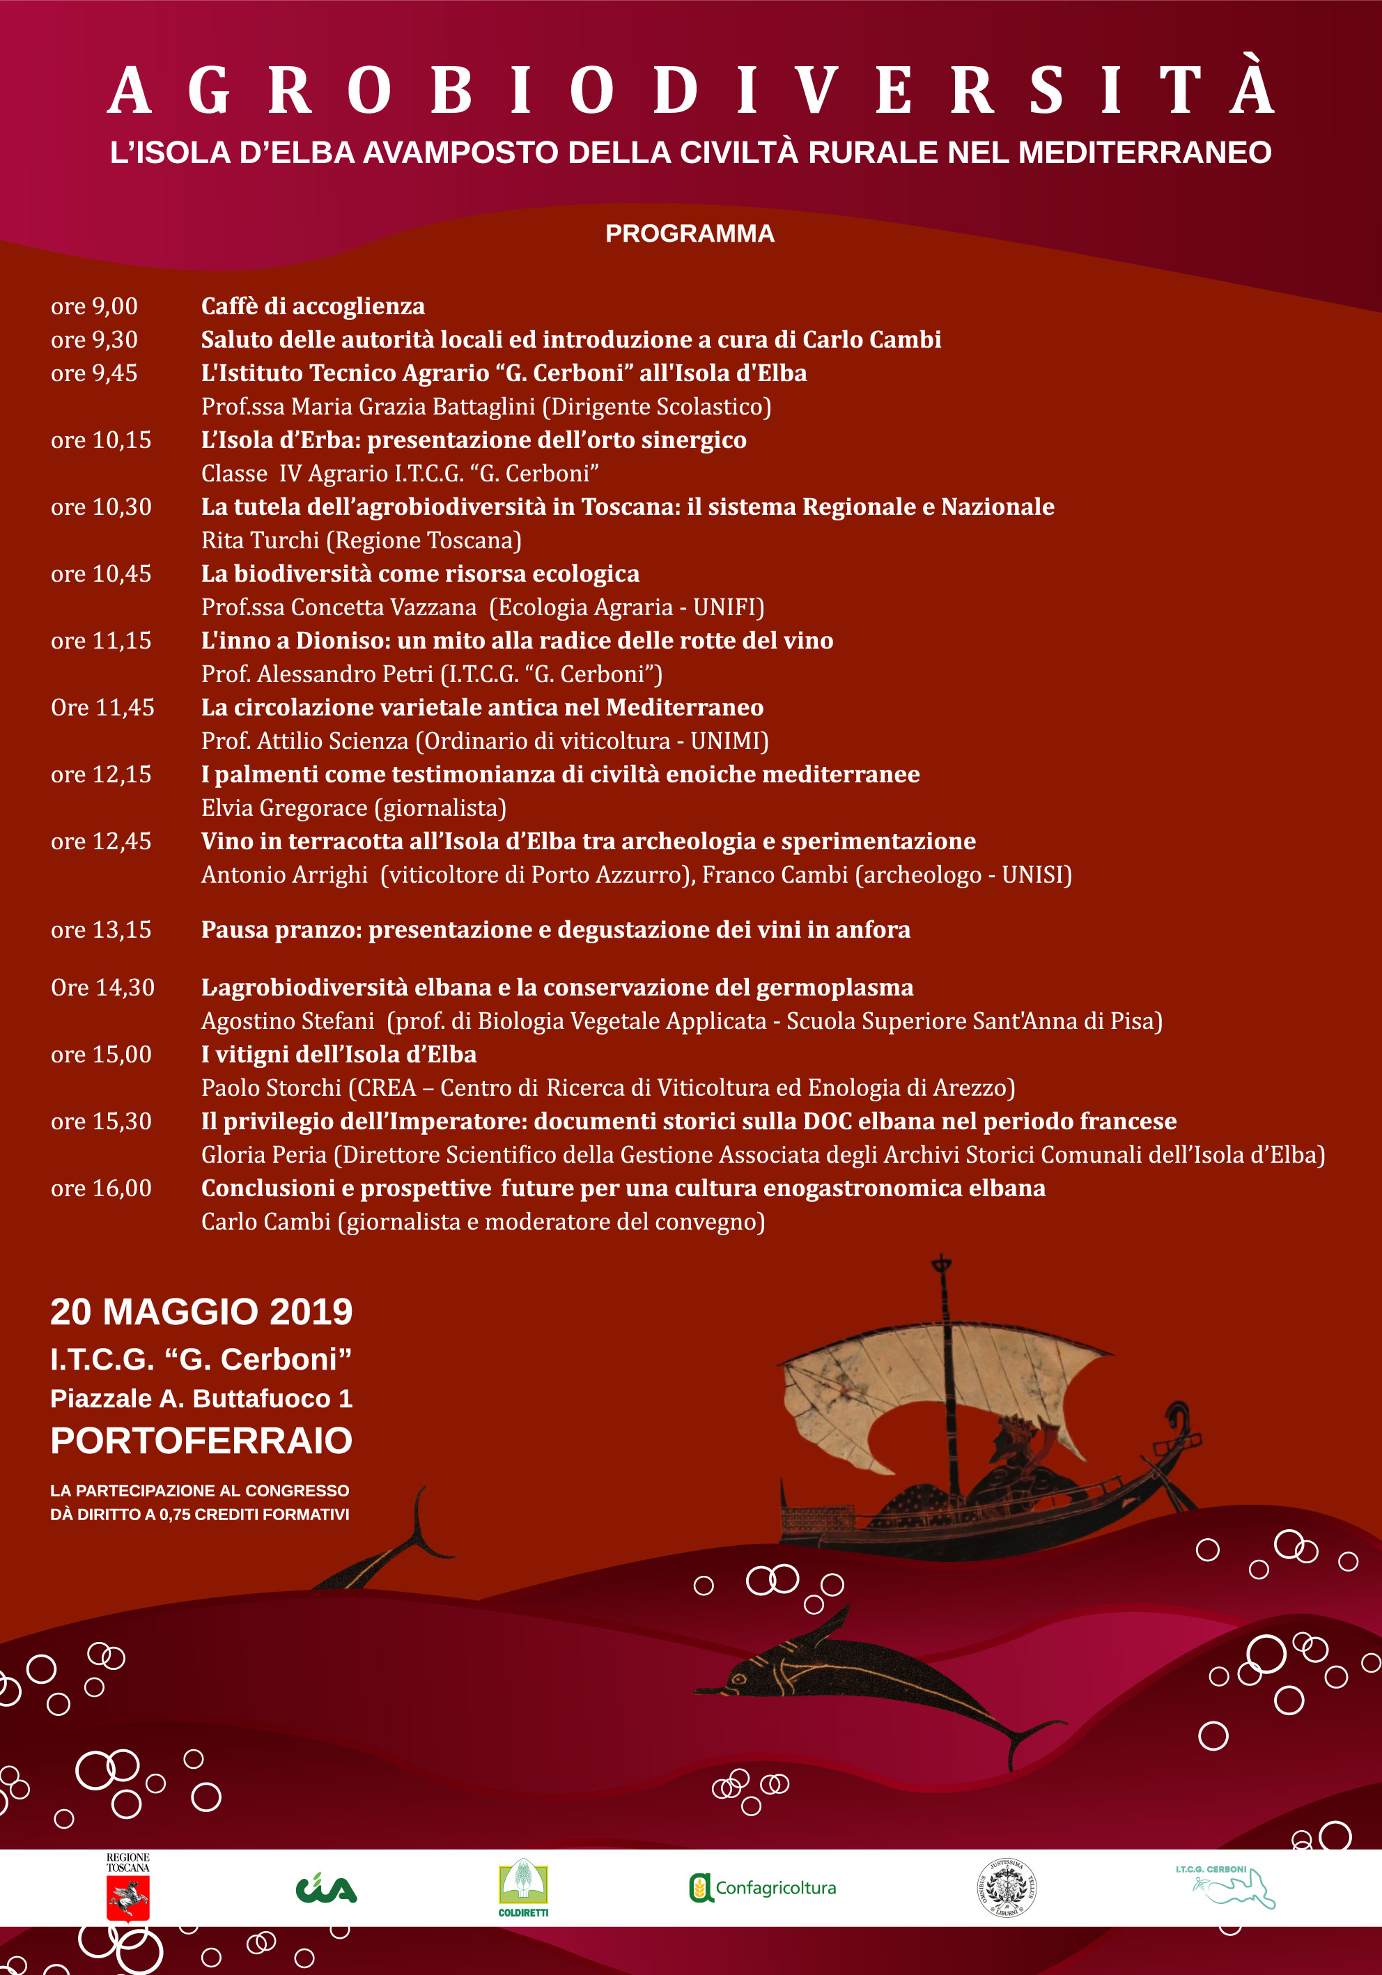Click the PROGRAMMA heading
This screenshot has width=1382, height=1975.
click(x=690, y=234)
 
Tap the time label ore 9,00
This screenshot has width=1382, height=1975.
click(x=94, y=307)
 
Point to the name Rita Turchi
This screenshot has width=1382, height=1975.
click(x=260, y=540)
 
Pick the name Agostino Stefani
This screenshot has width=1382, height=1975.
click(x=287, y=1021)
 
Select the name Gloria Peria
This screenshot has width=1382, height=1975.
click(x=264, y=1155)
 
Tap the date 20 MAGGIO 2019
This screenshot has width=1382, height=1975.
click(x=201, y=1312)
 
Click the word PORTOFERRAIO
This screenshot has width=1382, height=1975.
click(x=201, y=1441)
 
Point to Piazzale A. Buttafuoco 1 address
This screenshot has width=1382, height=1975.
click(x=201, y=1399)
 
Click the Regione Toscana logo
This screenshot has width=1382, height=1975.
click(x=128, y=1888)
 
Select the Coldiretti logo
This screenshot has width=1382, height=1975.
click(x=523, y=1888)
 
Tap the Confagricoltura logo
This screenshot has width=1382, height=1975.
click(x=763, y=1888)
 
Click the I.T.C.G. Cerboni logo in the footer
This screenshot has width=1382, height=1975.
click(x=1225, y=1888)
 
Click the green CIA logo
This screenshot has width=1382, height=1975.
click(x=326, y=1889)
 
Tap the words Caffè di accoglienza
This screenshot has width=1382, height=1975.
click(x=313, y=307)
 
